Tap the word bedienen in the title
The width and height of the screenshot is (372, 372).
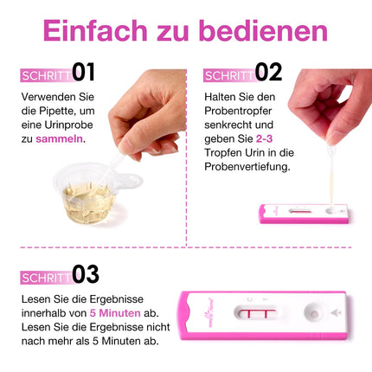click(263, 30)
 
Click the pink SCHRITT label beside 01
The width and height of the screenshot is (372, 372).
click(46, 74)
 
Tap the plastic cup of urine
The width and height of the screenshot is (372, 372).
click(85, 196)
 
